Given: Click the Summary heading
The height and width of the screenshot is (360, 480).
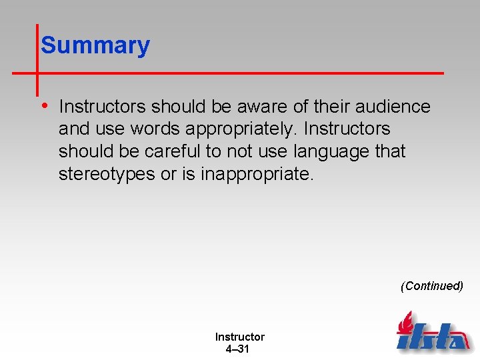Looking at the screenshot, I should tap(95, 45).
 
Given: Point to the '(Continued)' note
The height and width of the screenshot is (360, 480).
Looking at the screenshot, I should tap(431, 286).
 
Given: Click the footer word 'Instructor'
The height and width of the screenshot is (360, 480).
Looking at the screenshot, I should tap(239, 337).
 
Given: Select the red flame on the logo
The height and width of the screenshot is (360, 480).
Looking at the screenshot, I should tap(406, 323).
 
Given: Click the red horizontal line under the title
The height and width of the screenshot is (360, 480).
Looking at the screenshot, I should tap(240, 72).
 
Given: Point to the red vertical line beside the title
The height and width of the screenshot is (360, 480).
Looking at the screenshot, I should tap(37, 60).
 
